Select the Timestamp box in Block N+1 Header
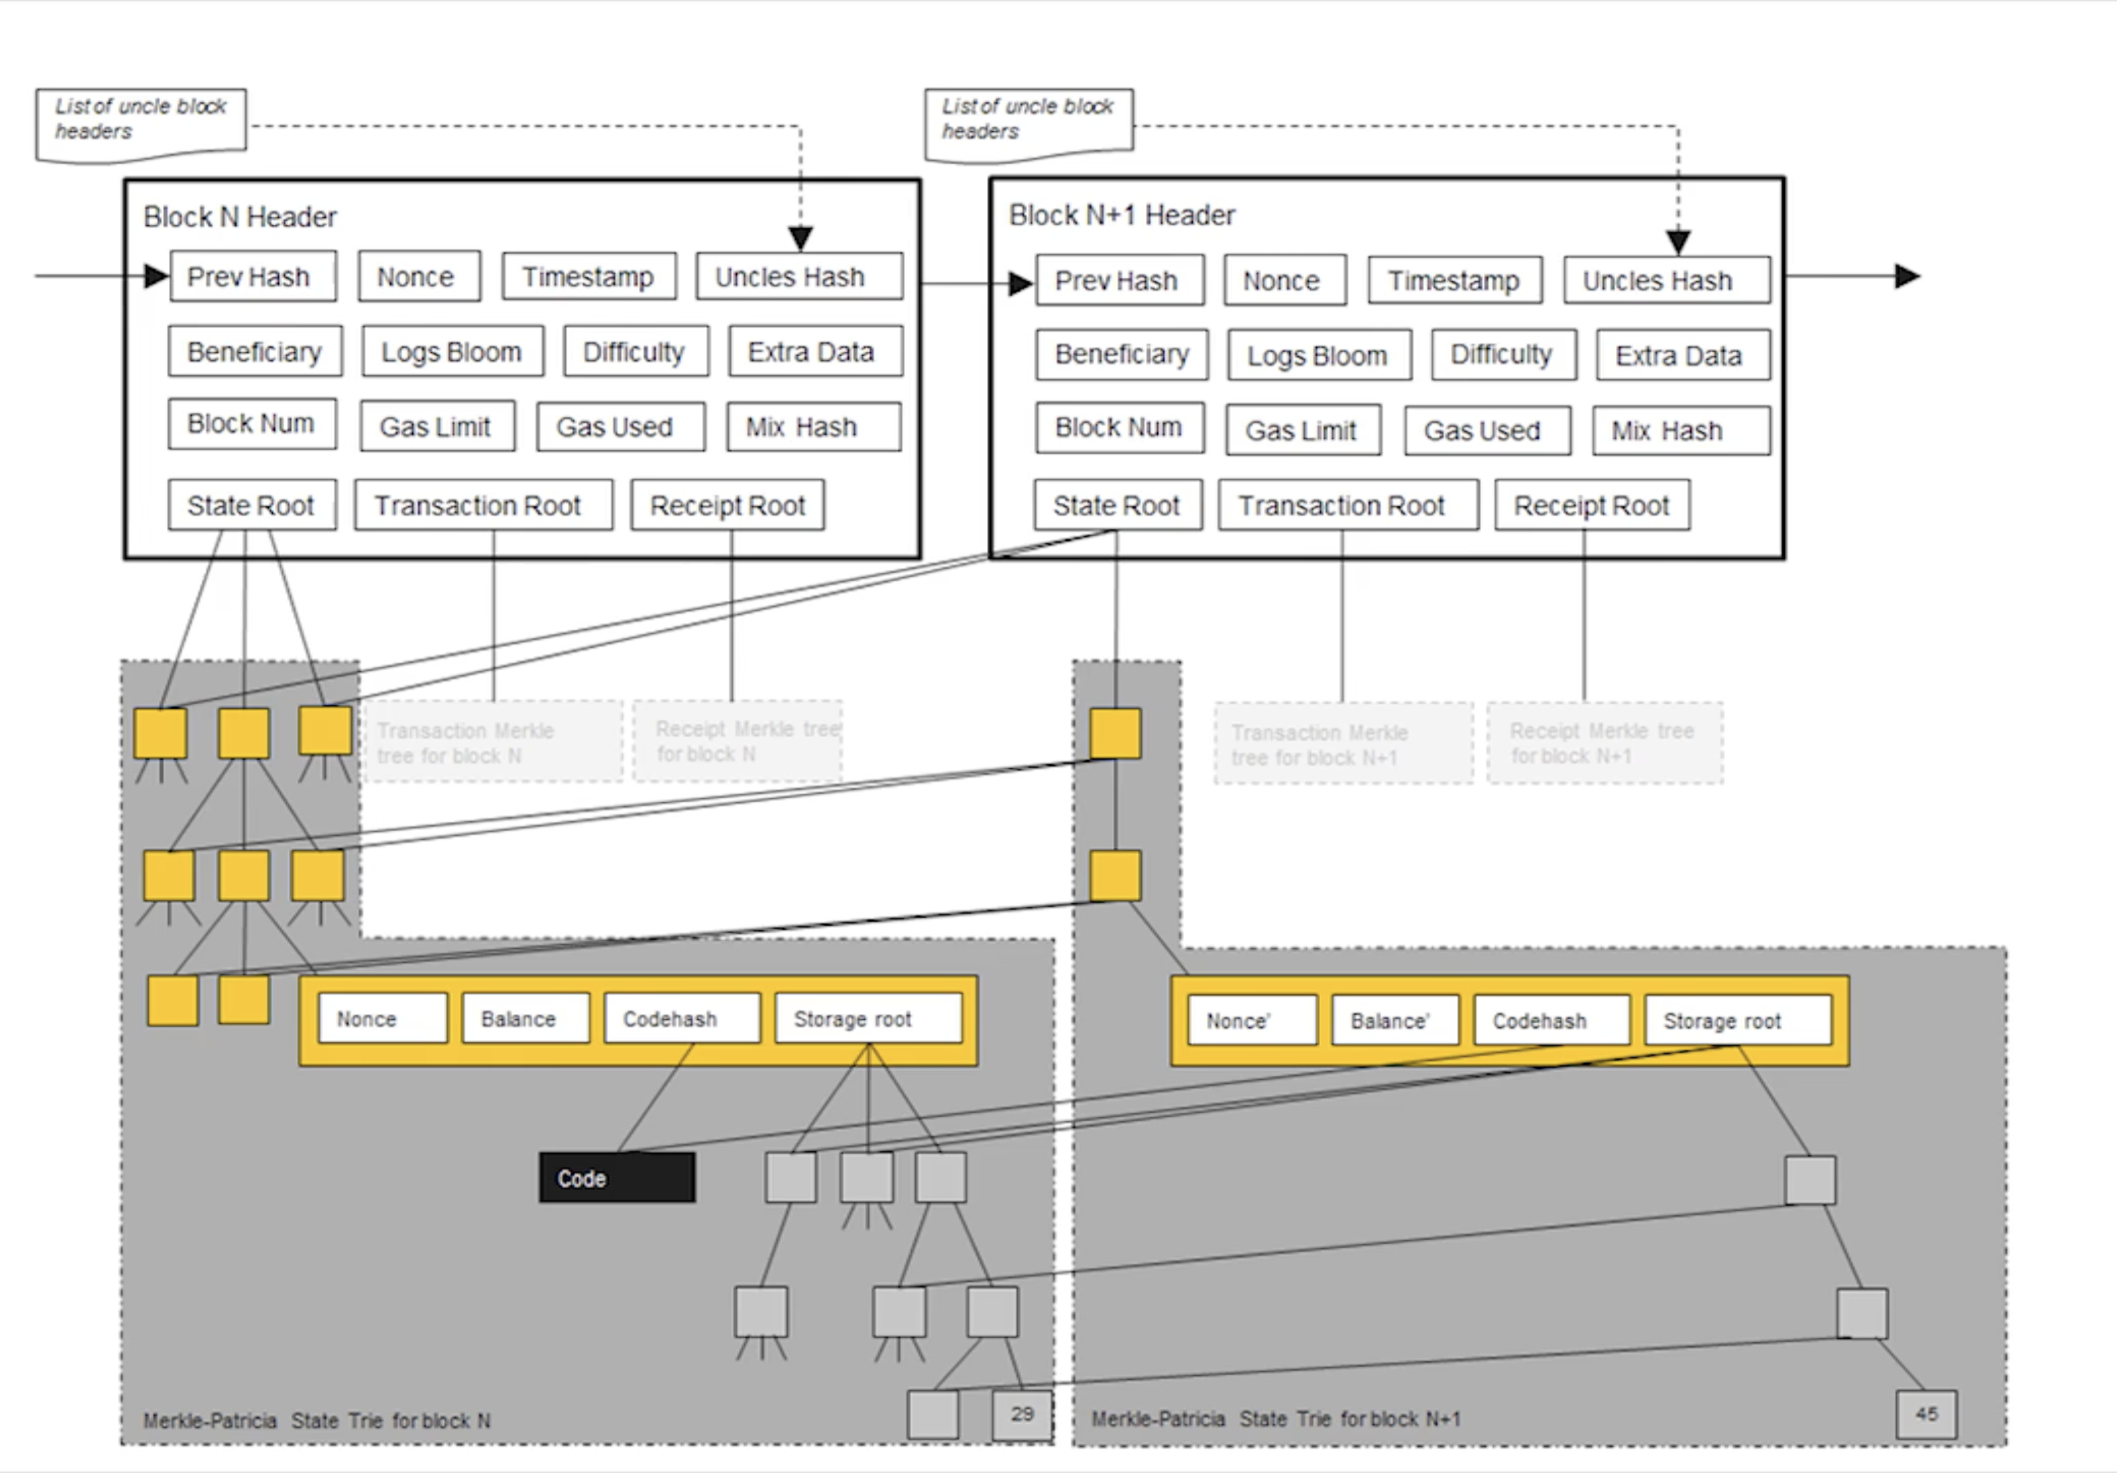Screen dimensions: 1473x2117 coord(1454,280)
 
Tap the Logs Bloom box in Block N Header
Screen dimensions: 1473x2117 coord(452,351)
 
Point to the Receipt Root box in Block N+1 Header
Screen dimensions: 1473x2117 coord(1591,505)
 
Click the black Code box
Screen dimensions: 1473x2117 coord(617,1178)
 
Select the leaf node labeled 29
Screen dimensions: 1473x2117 coord(1022,1414)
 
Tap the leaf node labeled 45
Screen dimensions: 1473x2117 coord(1926,1414)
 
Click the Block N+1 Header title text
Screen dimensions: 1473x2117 coord(1121,215)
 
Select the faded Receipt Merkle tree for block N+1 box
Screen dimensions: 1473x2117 coord(1604,743)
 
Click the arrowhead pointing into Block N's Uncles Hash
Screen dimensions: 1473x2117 coord(800,239)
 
